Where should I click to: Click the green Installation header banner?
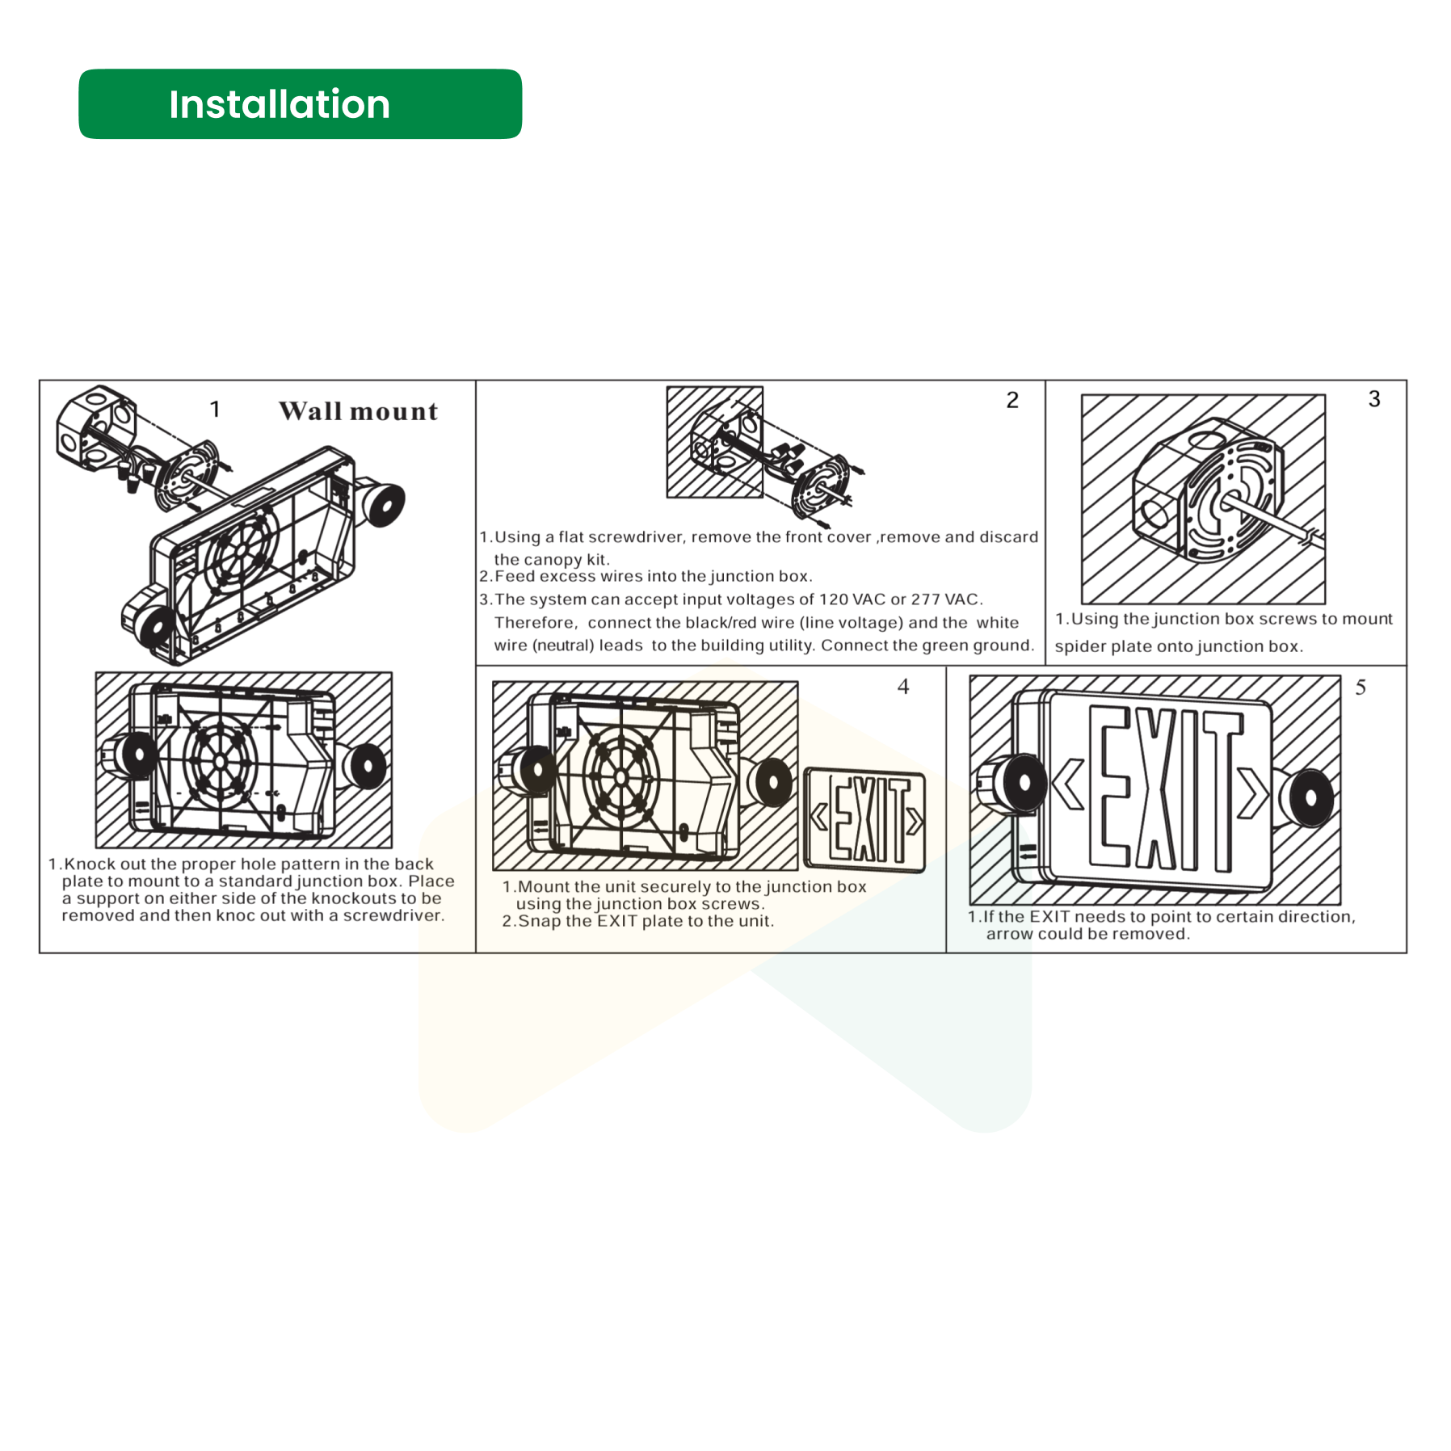[x=300, y=104]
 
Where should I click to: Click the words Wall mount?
[x=358, y=411]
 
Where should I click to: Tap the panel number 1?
[x=215, y=409]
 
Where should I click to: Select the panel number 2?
[x=1012, y=400]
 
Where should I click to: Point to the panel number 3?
[x=1374, y=398]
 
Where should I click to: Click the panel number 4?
[x=903, y=687]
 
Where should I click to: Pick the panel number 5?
[x=1361, y=688]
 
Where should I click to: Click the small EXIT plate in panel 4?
[x=865, y=820]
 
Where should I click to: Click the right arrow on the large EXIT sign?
[x=1252, y=793]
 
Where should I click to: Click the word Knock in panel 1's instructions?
[x=90, y=864]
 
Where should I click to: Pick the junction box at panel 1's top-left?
[x=95, y=430]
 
